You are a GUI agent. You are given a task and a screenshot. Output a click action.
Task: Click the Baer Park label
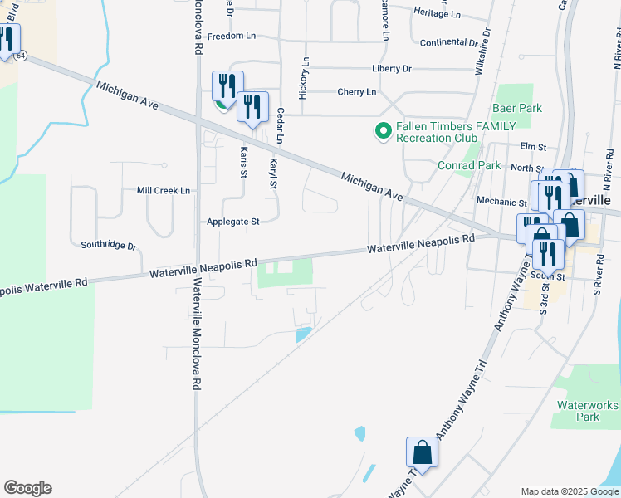516,109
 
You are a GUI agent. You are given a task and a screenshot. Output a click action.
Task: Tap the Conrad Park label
469,165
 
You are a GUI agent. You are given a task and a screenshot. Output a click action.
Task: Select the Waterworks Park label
588,411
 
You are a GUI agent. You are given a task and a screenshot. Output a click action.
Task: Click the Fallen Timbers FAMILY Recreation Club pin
383,131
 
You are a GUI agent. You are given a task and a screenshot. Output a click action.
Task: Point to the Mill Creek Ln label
164,190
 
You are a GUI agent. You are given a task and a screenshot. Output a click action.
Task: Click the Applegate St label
233,222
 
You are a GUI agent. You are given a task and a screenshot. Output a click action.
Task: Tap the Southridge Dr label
109,245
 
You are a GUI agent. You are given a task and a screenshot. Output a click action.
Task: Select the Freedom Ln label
232,37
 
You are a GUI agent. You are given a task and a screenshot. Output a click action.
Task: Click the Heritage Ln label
436,14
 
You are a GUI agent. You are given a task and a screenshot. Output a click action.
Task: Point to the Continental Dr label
449,42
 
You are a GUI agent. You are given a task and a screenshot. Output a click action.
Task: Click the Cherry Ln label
356,91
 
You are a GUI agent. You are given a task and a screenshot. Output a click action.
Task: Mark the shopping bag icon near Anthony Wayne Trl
422,453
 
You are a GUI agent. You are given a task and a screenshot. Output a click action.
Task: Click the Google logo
27,488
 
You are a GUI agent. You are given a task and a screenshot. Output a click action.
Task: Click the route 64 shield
21,55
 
